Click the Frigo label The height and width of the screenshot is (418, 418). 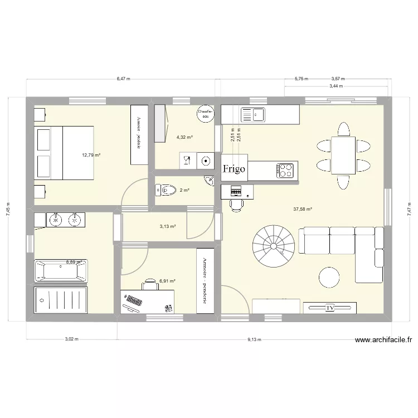point(234,169)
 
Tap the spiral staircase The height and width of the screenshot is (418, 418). point(273,245)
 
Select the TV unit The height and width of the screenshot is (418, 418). point(329,308)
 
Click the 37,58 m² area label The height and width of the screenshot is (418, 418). point(303,210)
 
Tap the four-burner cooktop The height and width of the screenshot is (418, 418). point(286,170)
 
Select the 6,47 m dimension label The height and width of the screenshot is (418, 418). point(123,79)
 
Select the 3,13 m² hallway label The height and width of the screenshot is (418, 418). point(167,227)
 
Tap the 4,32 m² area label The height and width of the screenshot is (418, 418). point(184,137)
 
